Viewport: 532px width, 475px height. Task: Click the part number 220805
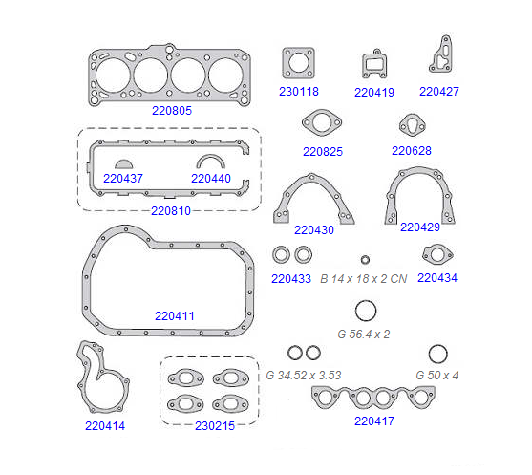(172, 110)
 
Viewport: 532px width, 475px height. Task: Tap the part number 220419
(374, 93)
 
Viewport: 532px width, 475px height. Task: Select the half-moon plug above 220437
(124, 164)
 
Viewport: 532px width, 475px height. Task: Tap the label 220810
(171, 211)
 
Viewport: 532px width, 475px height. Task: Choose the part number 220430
(314, 230)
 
